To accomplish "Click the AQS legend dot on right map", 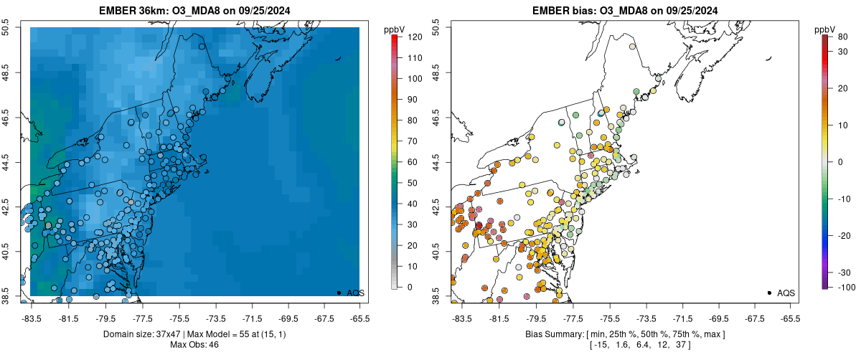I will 768,293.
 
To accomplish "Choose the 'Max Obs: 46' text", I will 194,345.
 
